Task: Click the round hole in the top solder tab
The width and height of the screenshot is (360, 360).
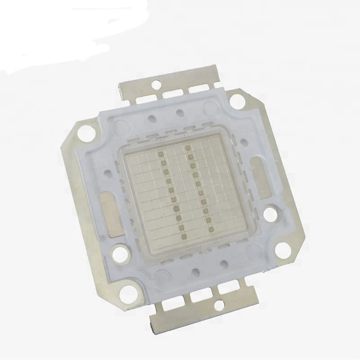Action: click(x=157, y=83)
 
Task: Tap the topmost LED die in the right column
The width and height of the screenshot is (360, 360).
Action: click(x=188, y=148)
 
